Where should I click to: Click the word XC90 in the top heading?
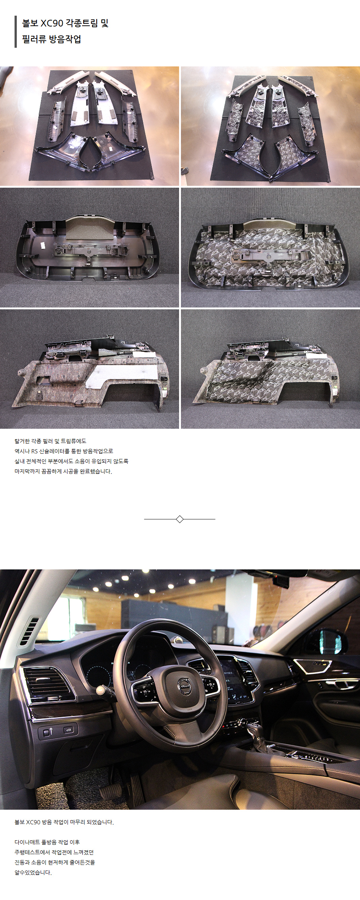[52, 23]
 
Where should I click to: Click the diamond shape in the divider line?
[179, 519]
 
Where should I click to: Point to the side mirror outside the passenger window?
[331, 641]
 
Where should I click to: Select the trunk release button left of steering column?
[69, 729]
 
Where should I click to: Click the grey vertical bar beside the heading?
[16, 32]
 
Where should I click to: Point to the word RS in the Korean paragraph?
[34, 451]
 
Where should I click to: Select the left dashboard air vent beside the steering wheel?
[47, 682]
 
